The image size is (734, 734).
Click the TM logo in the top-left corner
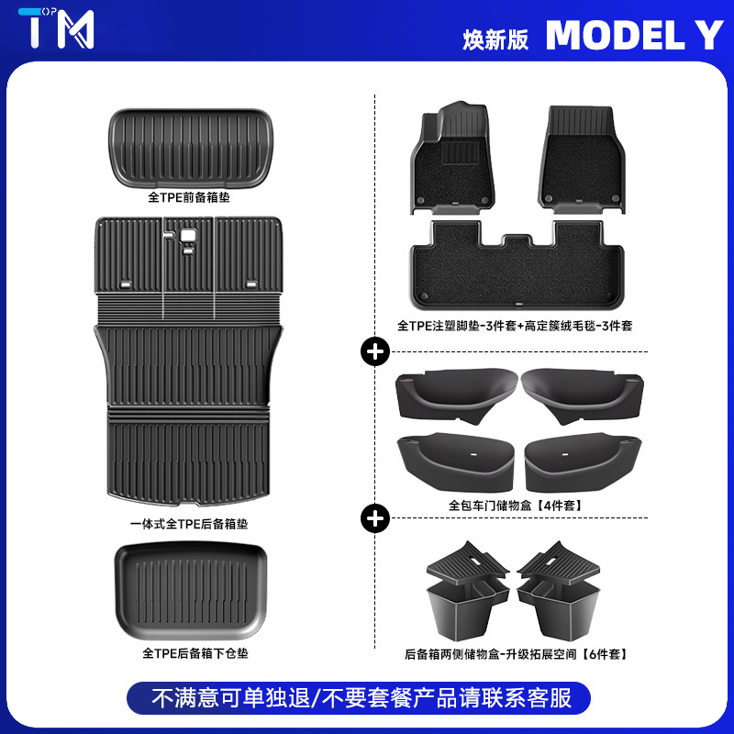point(56,29)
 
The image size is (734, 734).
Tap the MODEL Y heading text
point(634,36)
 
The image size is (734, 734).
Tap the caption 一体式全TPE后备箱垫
point(189,524)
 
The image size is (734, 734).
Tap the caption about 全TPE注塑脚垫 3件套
point(514,325)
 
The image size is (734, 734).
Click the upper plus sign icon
point(374,352)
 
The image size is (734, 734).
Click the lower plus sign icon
point(374,517)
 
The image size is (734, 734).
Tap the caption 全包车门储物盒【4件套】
point(515,505)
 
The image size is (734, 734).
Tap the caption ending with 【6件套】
point(515,654)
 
